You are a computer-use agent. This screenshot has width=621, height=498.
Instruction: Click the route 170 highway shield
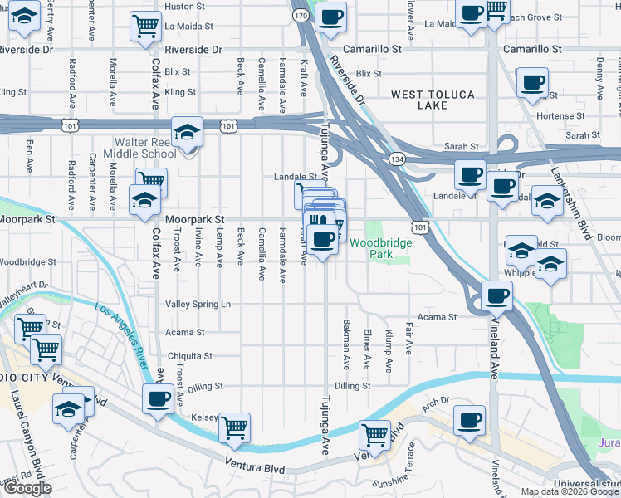301,16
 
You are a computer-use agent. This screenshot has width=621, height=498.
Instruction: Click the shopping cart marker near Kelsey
235,428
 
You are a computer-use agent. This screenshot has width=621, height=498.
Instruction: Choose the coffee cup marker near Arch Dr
470,419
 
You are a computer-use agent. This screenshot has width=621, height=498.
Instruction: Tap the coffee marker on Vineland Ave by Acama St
496,295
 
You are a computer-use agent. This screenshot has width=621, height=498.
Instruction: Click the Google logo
27,488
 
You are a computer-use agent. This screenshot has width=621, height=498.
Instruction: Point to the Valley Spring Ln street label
199,305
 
